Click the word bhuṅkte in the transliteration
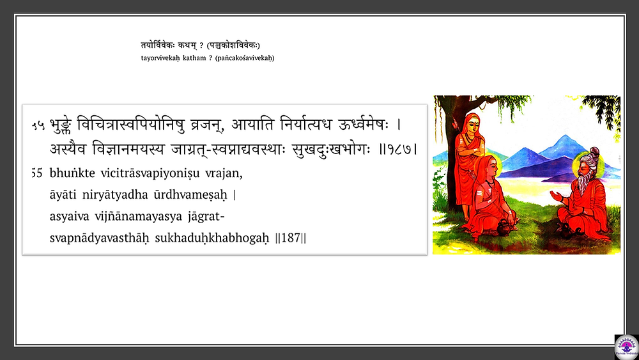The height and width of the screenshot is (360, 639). click(x=72, y=173)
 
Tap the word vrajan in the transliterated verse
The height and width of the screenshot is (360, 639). click(x=224, y=174)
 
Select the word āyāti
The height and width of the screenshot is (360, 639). click(x=63, y=195)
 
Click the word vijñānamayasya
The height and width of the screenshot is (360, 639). click(x=139, y=217)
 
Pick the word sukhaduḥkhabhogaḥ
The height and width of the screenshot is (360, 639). click(x=212, y=237)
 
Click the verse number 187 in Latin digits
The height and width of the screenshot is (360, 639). click(x=291, y=237)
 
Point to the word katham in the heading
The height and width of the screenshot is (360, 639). click(x=194, y=58)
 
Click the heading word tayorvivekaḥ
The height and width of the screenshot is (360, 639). click(x=160, y=58)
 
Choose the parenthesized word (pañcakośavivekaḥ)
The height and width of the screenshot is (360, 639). click(x=245, y=58)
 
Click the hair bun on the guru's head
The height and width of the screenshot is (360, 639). click(x=594, y=152)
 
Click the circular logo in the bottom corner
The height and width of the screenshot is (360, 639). click(x=627, y=347)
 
